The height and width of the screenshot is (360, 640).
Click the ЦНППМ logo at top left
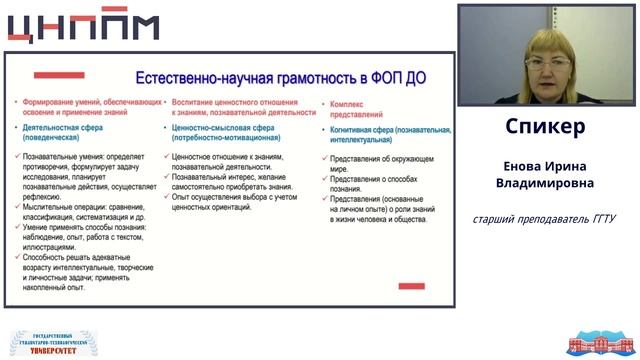[82, 27]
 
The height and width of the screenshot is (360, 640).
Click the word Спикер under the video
[545, 128]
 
